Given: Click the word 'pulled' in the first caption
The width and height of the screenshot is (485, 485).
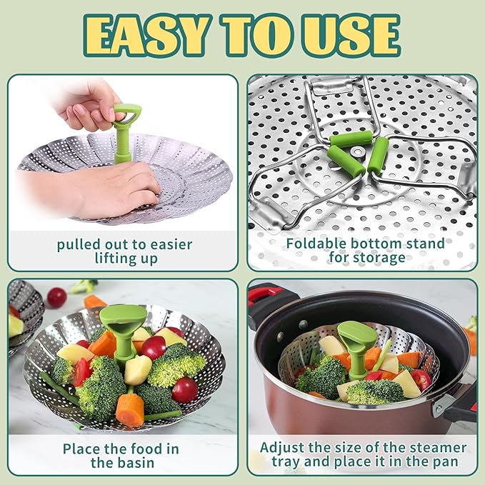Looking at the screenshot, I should tap(79, 244).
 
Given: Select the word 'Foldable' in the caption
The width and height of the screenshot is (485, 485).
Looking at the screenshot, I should tap(319, 244).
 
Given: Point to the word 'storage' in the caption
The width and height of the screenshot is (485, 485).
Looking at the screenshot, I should tap(377, 258).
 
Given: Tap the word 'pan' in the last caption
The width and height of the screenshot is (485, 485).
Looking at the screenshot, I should tap(443, 462).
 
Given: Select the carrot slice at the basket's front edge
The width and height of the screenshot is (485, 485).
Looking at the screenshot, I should tap(131, 409).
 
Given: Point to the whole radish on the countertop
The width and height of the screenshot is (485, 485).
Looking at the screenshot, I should tap(56, 297).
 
